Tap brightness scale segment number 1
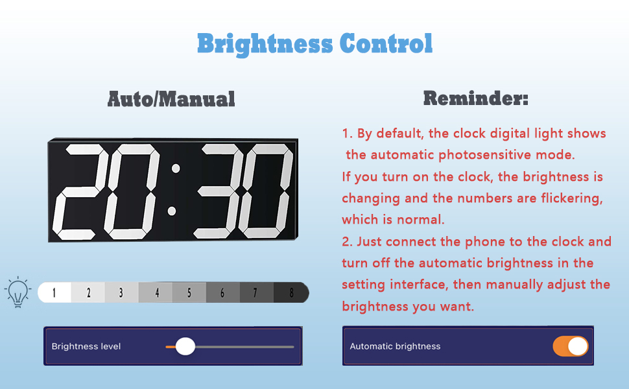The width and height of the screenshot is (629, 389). (54, 292)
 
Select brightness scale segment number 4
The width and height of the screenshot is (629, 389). (156, 292)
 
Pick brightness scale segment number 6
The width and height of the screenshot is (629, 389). (222, 292)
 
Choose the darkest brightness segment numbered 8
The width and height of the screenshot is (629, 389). (291, 292)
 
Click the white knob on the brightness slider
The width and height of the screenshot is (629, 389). (185, 346)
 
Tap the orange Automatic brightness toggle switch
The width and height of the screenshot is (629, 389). (571, 346)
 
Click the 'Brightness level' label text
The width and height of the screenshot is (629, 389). (86, 346)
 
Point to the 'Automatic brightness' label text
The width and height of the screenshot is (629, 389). (395, 346)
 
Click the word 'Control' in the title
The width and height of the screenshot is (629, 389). (386, 44)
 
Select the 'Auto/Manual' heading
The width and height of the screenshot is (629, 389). (171, 99)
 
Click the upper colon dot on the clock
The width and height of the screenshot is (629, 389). (175, 169)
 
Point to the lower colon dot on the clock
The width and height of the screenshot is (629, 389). (172, 211)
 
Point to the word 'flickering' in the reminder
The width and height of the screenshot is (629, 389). (570, 198)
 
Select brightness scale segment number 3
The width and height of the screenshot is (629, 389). (121, 292)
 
